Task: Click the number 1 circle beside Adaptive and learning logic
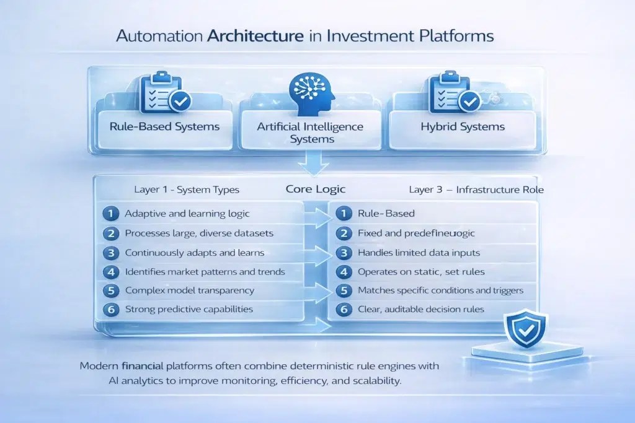[x=110, y=214]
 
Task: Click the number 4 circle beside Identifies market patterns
[x=110, y=271]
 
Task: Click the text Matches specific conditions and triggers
[x=440, y=290]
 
